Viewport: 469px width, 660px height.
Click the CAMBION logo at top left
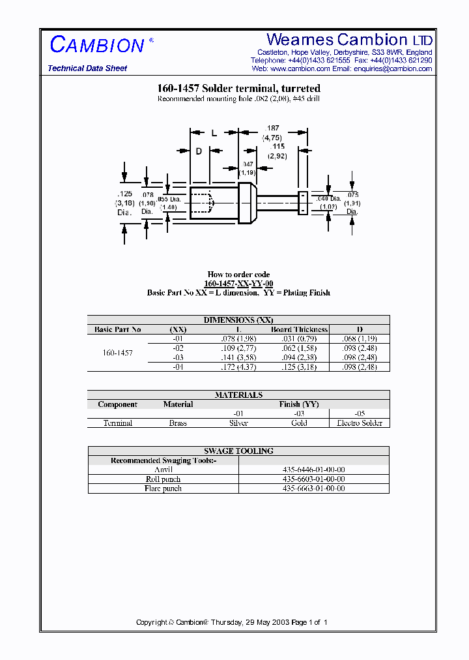click(x=96, y=45)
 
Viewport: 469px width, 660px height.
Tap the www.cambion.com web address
click(x=292, y=68)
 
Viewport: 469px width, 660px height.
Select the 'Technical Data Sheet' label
click(x=87, y=68)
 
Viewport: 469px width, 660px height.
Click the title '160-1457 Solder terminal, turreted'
click(x=238, y=89)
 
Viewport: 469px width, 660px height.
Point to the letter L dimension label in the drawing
click(x=214, y=133)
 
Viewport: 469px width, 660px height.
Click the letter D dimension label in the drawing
click(x=199, y=151)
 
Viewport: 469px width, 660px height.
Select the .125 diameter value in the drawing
click(x=124, y=194)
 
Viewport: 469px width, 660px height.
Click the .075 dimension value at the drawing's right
click(x=352, y=195)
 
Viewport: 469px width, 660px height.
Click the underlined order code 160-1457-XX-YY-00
click(x=238, y=284)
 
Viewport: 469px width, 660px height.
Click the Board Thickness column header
click(x=300, y=329)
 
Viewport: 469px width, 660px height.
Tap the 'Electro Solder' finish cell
click(x=359, y=423)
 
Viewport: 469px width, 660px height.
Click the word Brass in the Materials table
click(x=178, y=423)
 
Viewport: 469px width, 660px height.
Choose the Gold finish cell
click(x=299, y=423)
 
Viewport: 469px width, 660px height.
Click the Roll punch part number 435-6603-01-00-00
click(x=314, y=479)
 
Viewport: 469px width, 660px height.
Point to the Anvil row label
click(x=163, y=470)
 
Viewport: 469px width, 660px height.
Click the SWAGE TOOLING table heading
click(x=238, y=451)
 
